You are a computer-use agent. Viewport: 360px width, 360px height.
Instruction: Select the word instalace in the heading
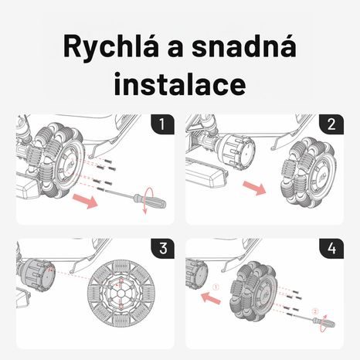point(179,83)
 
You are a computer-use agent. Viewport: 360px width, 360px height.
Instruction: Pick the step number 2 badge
point(330,124)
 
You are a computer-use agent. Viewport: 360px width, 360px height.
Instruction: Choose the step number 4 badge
point(330,250)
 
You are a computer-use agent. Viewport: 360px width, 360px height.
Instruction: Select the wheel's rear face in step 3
point(120,297)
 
